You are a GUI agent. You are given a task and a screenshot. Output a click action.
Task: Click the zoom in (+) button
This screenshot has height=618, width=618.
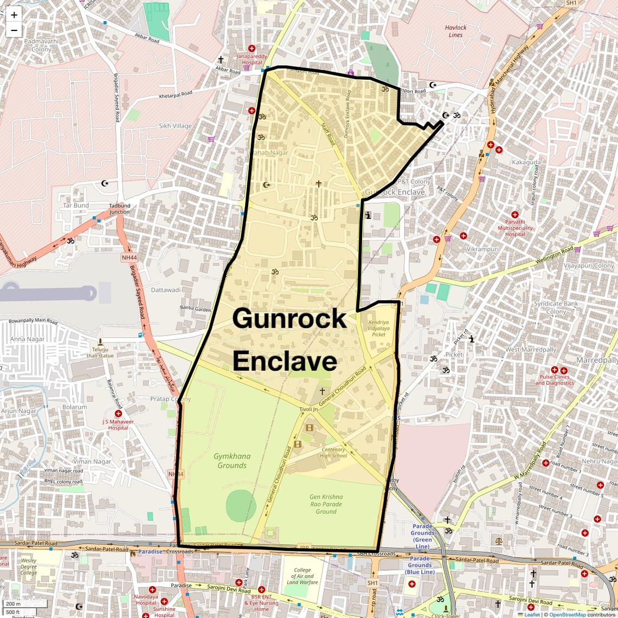[14, 15]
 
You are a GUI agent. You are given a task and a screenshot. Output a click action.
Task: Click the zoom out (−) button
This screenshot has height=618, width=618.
[14, 30]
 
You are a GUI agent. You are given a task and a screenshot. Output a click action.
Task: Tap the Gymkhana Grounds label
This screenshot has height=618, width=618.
[232, 461]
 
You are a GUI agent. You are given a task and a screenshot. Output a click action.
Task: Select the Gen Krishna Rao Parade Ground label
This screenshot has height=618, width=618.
[326, 504]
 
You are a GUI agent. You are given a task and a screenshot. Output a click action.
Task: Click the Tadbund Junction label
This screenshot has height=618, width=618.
[120, 209]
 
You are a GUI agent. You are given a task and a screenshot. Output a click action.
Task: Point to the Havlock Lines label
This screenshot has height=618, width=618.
[455, 31]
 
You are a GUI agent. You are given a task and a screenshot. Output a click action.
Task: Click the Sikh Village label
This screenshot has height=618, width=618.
[175, 126]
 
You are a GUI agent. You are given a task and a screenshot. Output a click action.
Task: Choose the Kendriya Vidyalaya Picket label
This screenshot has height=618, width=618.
[378, 328]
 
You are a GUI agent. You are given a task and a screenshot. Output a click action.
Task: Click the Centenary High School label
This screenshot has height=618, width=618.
[333, 453]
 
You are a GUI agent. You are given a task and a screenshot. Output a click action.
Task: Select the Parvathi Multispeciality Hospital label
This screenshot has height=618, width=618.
[515, 228]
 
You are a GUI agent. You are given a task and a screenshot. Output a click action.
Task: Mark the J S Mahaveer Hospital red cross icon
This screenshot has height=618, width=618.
[118, 414]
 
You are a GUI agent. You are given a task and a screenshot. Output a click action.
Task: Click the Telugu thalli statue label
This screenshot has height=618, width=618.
[100, 352]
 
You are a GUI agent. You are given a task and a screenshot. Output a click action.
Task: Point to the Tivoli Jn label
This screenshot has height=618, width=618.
[308, 409]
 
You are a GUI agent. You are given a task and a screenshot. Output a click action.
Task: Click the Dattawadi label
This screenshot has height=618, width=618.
[166, 290]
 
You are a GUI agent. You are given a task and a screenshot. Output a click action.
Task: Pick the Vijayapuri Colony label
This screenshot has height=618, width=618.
[589, 266]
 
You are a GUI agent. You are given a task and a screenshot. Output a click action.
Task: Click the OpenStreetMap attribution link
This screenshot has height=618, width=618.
[568, 614]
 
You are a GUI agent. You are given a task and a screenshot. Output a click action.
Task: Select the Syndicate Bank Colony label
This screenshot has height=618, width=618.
[556, 307]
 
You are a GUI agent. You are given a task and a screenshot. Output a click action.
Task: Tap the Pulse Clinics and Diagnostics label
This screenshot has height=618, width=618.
[555, 379]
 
